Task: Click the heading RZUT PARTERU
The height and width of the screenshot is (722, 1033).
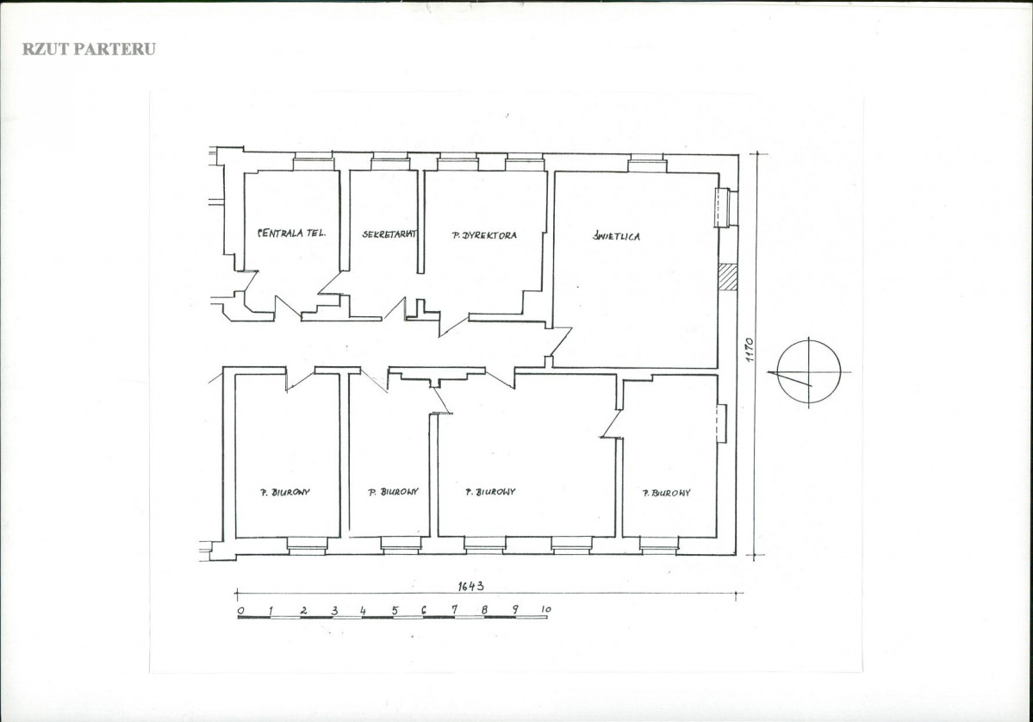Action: coord(89,49)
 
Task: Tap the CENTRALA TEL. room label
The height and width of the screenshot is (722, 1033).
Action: coord(291,233)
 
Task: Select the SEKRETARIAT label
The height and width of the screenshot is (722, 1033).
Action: coord(389,233)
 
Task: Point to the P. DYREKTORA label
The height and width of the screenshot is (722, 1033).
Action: coord(484,235)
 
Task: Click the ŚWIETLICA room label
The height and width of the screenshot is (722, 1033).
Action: coord(616,236)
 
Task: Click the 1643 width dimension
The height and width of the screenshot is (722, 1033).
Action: coord(471,586)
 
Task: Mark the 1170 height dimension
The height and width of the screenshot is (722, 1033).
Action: coord(749,351)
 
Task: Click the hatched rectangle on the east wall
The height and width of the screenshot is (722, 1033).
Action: coord(727,277)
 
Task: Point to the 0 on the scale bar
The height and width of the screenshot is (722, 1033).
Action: coord(240,610)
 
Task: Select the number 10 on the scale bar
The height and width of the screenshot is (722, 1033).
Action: coord(545,609)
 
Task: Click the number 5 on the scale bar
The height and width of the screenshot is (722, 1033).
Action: coord(395,610)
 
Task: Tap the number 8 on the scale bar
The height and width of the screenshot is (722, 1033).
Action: coord(485,610)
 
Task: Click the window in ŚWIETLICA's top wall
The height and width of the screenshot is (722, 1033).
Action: coord(647,163)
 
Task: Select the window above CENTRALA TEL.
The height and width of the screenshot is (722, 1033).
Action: coord(314,161)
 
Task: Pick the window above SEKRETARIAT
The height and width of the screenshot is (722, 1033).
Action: coord(390,161)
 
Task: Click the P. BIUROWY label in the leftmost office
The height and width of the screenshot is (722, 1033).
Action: coord(284,491)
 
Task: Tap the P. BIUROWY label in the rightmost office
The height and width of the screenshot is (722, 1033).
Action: coord(667,492)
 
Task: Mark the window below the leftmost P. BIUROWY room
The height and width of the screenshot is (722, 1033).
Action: coord(307,545)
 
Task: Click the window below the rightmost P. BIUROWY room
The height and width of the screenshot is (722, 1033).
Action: coord(659,545)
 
